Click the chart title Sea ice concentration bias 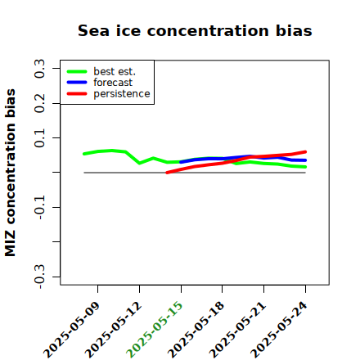point(195,30)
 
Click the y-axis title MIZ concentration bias point(10,173)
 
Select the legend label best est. point(115,71)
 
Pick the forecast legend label point(113,83)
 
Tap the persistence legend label point(122,93)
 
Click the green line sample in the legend point(77,71)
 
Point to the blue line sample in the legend point(77,83)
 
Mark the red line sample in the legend point(77,93)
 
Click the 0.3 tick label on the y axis point(39,69)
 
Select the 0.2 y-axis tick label point(39,103)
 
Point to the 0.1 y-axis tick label point(39,138)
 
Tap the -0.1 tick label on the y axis point(39,207)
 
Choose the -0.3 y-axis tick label point(39,277)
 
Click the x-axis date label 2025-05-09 point(71,330)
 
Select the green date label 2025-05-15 point(155,330)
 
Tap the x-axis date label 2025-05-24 point(279,330)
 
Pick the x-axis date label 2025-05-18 point(196,330)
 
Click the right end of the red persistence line point(305,151)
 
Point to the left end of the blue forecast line point(181,162)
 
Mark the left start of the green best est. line point(84,154)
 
